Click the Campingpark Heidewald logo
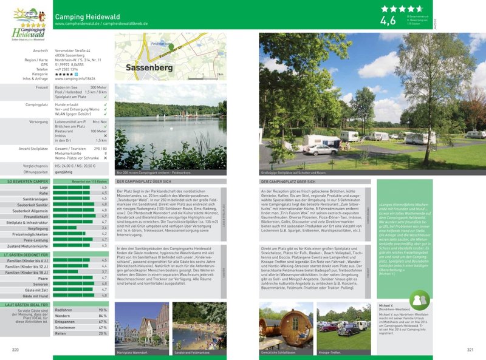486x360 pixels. coord(25,24)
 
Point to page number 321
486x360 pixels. coord(470,350)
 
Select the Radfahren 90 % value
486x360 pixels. coord(102,310)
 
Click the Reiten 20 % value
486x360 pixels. coord(102,333)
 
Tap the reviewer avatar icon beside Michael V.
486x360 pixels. coord(417,300)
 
